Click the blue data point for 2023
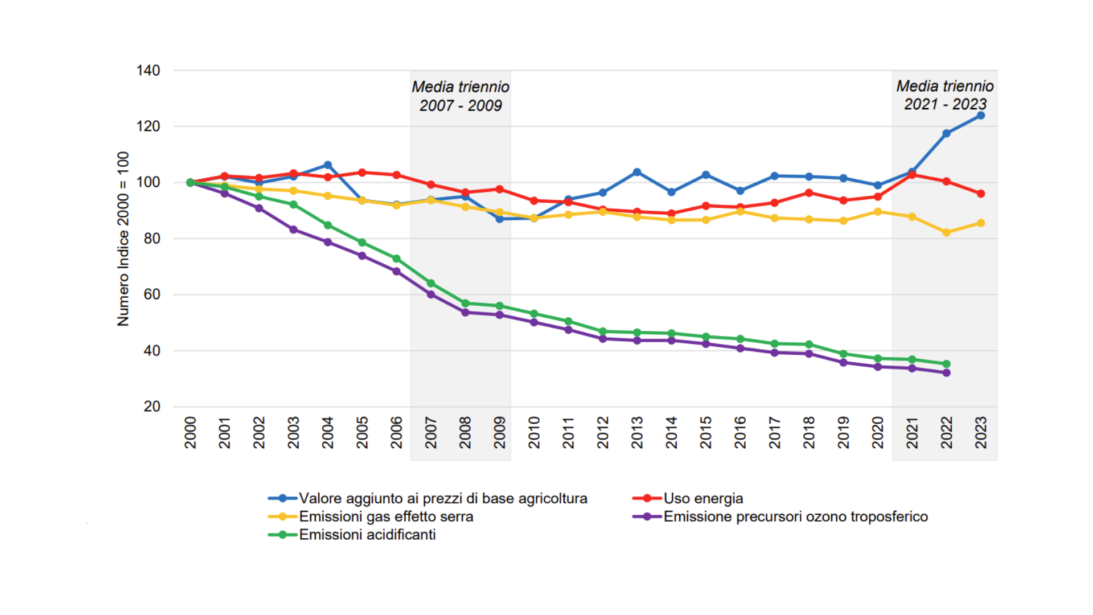(980, 116)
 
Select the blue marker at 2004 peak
(327, 165)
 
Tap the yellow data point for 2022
(946, 232)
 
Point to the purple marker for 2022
(946, 373)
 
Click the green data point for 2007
(431, 284)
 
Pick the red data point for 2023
(980, 194)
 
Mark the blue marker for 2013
(637, 172)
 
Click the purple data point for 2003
(293, 229)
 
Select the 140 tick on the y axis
(148, 71)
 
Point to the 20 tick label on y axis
(151, 407)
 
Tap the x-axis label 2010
(534, 432)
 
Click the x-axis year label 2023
(980, 432)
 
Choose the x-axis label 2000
(190, 432)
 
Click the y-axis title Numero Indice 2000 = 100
(123, 239)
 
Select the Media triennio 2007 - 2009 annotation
(461, 96)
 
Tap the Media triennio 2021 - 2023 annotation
(944, 95)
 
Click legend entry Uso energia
(702, 498)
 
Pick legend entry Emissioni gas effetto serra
(385, 516)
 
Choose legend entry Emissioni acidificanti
(367, 535)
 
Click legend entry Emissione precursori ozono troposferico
(795, 516)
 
